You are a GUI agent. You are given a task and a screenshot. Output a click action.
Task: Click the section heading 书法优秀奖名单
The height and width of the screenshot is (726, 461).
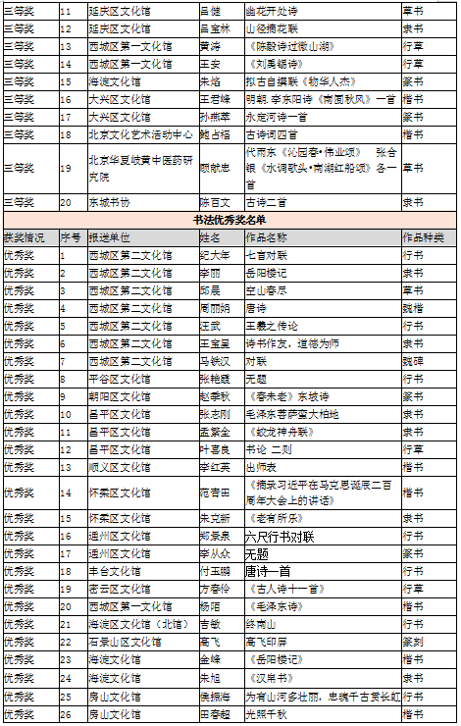click(230, 221)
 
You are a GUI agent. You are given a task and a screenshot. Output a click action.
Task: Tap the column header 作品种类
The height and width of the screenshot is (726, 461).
click(423, 237)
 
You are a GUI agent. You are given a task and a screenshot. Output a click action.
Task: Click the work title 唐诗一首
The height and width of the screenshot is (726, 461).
click(268, 570)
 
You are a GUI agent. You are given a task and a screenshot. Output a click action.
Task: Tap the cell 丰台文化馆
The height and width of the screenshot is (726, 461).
click(115, 570)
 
